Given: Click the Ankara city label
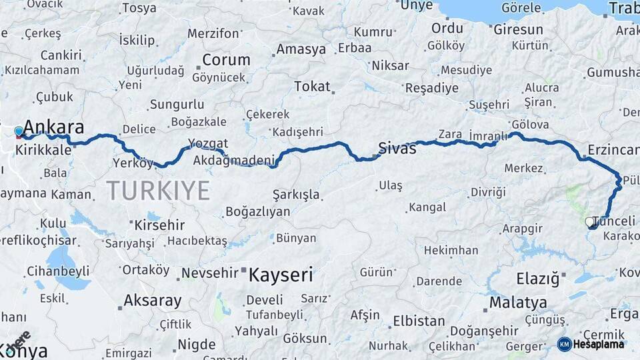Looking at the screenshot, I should [54, 127].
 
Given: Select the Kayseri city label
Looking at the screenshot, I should [281, 274].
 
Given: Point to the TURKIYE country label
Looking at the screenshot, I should [158, 191].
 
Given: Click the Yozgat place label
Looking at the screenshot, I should [208, 143].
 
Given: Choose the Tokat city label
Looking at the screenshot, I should [312, 87].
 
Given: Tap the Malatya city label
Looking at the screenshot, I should [518, 303].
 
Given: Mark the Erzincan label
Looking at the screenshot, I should [613, 149].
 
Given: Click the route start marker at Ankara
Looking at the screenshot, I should [19, 131].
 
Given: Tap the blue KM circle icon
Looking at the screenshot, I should [565, 344].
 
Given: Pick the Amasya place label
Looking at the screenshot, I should [301, 49].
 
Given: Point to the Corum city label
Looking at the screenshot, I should [226, 59].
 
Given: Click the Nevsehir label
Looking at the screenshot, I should [210, 273].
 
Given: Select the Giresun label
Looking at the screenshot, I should [518, 30].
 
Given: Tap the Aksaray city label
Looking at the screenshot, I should [153, 301].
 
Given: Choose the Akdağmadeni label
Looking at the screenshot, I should [234, 161].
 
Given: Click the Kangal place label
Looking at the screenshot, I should [427, 208].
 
